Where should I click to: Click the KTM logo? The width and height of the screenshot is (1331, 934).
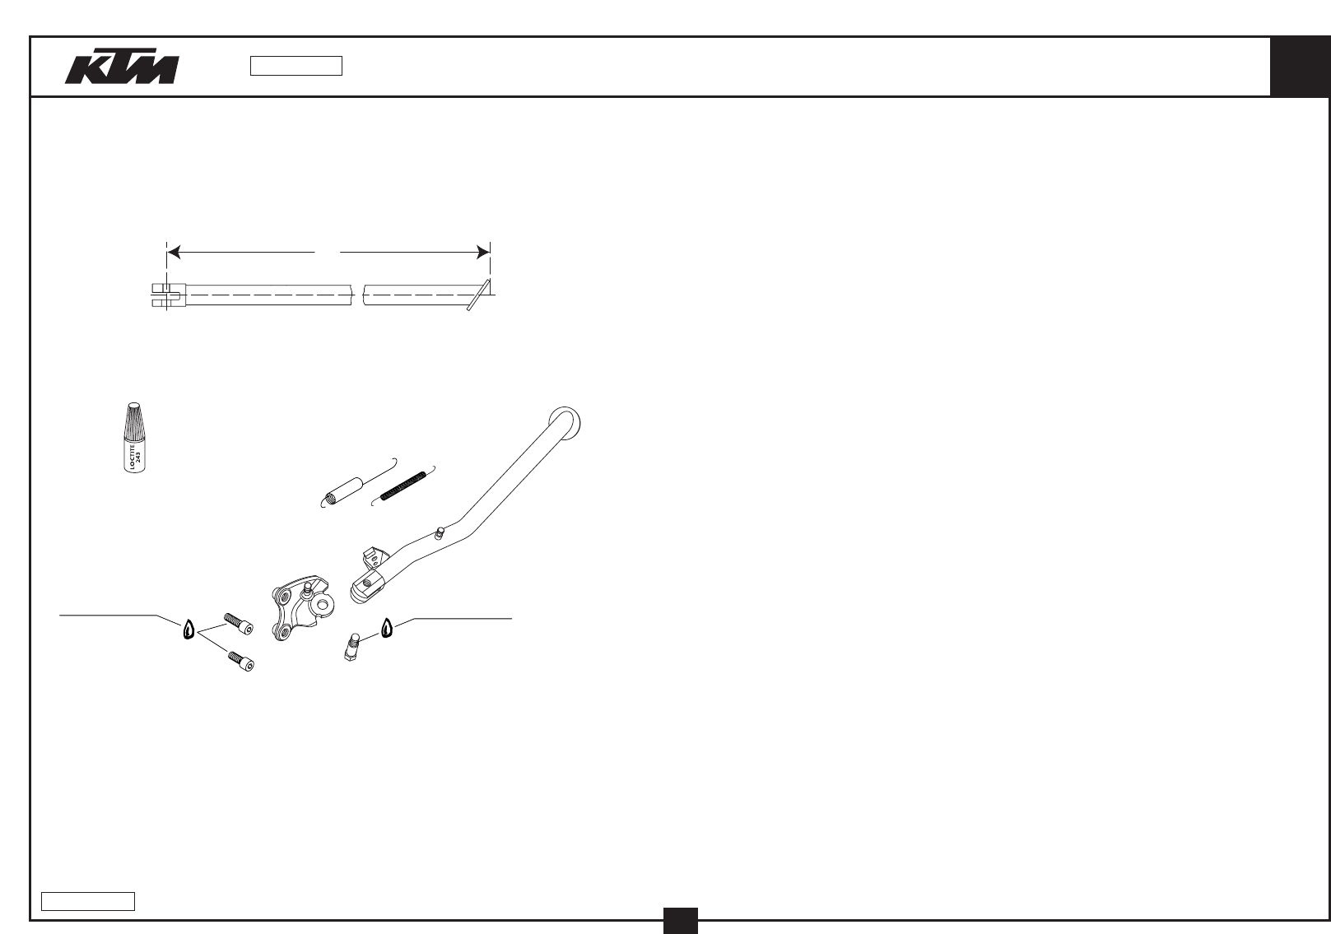[122, 69]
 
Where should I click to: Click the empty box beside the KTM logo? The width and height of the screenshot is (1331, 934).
[296, 66]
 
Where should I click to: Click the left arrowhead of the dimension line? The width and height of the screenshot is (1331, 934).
[174, 251]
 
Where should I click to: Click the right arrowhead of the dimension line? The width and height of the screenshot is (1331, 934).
[483, 251]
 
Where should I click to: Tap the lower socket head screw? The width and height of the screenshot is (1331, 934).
[241, 660]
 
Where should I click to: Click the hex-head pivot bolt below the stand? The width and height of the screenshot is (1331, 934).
[351, 646]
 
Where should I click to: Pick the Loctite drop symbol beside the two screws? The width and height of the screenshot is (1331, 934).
[188, 630]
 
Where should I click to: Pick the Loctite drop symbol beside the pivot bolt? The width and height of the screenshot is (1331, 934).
[387, 628]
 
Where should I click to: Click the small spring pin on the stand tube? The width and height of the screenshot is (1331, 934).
[440, 532]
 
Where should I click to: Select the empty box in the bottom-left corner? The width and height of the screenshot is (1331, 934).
[88, 901]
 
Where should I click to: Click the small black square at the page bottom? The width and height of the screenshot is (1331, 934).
[681, 920]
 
